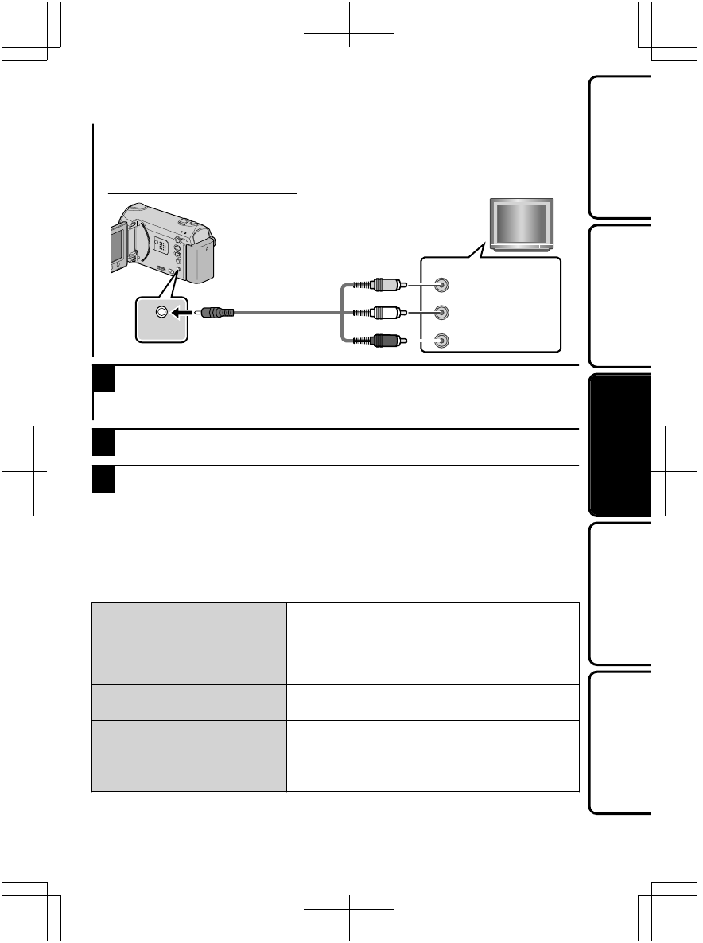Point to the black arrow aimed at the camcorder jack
click(184, 314)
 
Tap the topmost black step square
click(105, 380)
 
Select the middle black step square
click(105, 442)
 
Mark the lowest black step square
click(105, 479)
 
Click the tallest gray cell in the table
click(189, 756)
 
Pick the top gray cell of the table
click(189, 625)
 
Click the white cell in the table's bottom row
click(433, 756)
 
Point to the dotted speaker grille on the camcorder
click(161, 246)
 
